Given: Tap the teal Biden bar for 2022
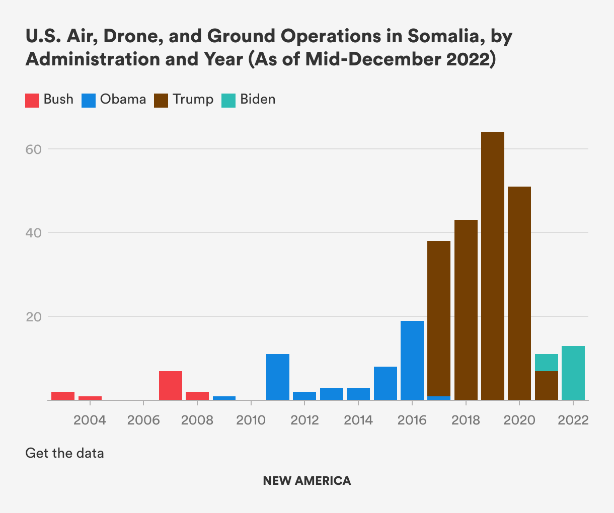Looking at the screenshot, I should (573, 373).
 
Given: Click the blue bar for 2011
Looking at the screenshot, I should (278, 377).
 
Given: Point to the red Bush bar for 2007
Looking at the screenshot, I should (171, 385).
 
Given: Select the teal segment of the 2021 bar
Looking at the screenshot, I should (546, 362).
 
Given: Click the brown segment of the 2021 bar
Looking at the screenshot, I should (546, 385).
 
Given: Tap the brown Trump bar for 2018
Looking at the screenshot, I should (466, 310).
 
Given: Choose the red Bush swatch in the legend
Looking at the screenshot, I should (32, 100).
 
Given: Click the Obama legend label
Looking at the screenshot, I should (123, 99).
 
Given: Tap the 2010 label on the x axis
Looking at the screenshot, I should (251, 420).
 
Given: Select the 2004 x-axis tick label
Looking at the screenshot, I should (90, 420).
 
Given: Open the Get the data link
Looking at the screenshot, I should (64, 453).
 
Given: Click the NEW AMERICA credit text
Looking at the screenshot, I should (307, 481).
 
